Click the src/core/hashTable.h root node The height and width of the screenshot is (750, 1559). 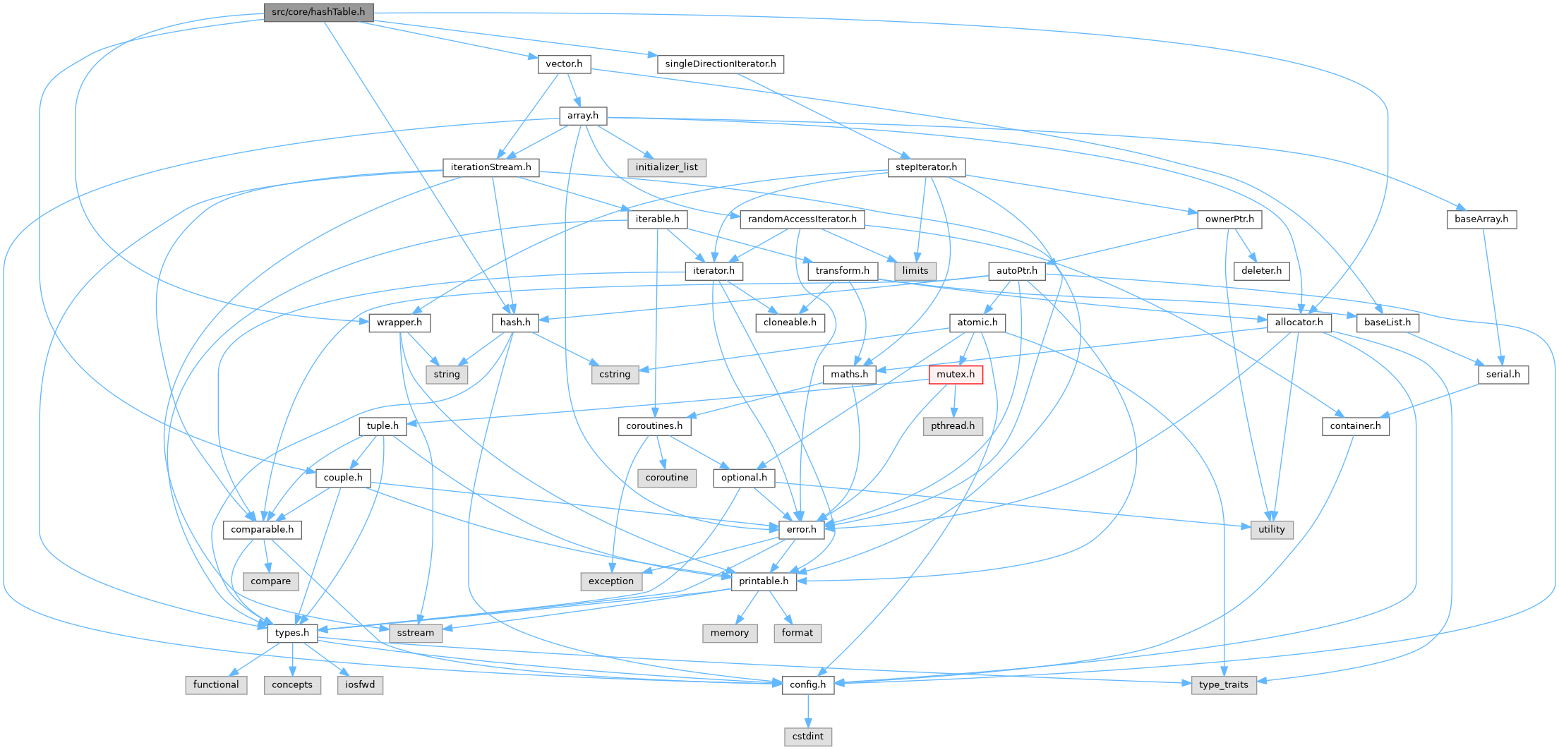coord(318,12)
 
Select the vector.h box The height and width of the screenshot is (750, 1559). coord(564,63)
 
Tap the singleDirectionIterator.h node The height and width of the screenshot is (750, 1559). coord(720,63)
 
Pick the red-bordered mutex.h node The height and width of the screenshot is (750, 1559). coord(956,374)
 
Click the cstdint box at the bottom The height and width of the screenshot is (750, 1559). coord(807,736)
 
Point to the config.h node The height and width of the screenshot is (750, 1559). coord(807,684)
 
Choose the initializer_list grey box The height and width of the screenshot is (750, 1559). coord(666,167)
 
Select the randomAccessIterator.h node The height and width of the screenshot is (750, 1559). coord(802,219)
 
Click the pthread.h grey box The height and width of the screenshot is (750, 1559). coord(952,425)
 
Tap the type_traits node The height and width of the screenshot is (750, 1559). coord(1223,684)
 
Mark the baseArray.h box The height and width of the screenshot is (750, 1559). coord(1481,219)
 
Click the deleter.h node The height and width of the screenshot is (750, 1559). coord(1261,270)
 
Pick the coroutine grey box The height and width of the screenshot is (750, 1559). coord(666,478)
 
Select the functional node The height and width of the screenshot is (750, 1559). coord(216,684)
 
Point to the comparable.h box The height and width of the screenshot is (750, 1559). coord(262,529)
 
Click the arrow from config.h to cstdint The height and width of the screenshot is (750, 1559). coord(807,710)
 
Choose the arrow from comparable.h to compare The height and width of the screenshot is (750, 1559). coord(266,555)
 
